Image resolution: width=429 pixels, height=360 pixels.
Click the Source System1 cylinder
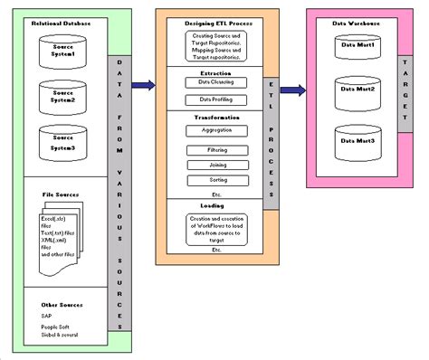[x=63, y=54]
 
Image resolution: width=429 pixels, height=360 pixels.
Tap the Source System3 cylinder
[x=63, y=141]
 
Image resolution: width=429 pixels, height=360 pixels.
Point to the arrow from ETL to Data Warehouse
[x=290, y=90]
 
